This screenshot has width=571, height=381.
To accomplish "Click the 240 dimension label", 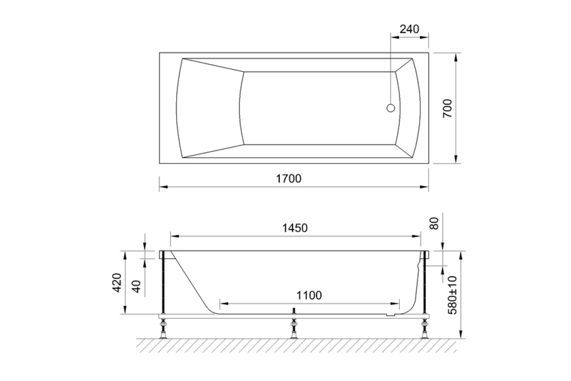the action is click(409, 29).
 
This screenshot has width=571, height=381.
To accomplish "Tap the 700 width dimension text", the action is click(447, 109).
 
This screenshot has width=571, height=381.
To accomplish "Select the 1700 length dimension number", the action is click(289, 178).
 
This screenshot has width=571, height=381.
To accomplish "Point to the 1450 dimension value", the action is click(295, 228).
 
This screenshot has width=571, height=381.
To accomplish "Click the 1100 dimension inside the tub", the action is click(309, 296).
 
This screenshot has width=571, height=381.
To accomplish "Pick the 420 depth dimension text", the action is click(117, 282).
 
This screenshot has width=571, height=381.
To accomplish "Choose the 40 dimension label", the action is click(137, 286).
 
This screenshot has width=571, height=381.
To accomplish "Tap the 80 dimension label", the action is click(434, 223).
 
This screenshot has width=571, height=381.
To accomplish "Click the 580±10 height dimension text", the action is click(452, 295).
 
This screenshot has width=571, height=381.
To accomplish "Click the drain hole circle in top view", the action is click(391, 108).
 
